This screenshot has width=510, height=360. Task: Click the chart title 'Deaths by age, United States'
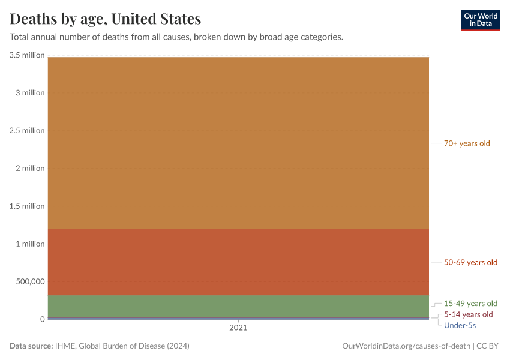(106, 19)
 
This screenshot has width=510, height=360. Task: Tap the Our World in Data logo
(480, 20)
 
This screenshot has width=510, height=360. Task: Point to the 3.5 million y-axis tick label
(27, 55)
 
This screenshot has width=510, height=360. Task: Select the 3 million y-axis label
(30, 93)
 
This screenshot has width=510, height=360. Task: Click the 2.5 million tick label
(27, 131)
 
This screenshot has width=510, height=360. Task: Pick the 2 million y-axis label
(30, 169)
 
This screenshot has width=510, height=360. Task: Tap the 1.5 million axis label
(27, 206)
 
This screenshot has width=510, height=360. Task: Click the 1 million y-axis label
(30, 244)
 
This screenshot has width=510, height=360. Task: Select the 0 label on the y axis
(43, 319)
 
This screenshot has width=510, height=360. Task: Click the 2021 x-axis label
(238, 328)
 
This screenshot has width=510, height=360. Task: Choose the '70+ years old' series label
(467, 143)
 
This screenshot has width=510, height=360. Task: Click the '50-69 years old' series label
(470, 262)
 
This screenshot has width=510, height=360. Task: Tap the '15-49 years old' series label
(470, 304)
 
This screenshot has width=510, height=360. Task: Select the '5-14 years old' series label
(468, 314)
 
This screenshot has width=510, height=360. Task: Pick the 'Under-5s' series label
(460, 325)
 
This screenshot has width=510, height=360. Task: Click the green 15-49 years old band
(238, 306)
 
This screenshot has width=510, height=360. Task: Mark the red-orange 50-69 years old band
(238, 262)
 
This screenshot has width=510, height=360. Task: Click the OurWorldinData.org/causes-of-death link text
(406, 346)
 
